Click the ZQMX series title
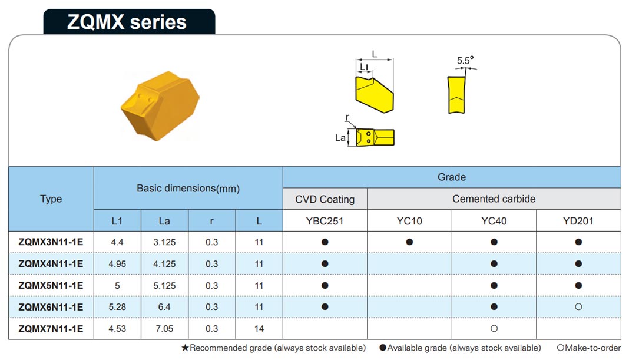[127, 22]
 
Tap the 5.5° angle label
[465, 61]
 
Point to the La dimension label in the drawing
[340, 138]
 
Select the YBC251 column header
[325, 221]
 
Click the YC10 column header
[409, 221]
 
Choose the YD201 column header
[578, 221]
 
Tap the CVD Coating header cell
[325, 199]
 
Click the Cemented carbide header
[494, 199]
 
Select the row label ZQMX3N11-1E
[51, 242]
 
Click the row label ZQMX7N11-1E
[51, 329]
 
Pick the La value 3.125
[164, 242]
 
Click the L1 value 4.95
[117, 264]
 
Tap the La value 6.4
[164, 307]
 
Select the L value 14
[259, 329]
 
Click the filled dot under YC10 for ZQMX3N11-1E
[409, 242]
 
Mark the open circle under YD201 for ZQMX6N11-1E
[578, 306]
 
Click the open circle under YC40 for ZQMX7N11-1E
[494, 328]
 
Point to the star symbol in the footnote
[185, 348]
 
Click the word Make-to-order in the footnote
[593, 348]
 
